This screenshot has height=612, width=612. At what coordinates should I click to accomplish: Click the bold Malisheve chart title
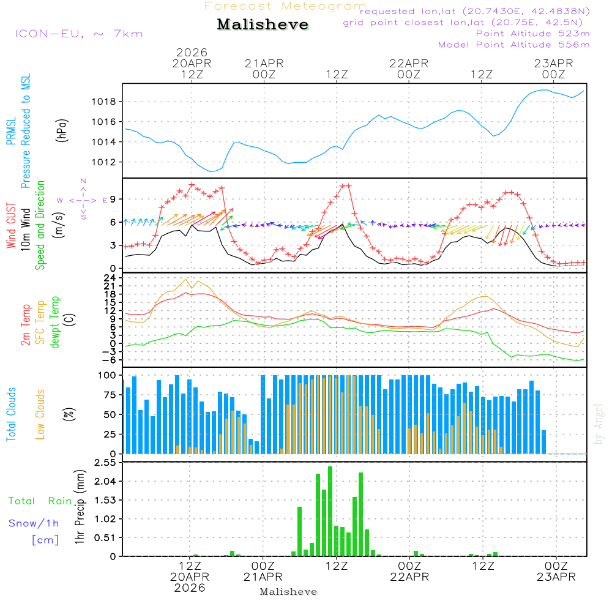click(263, 24)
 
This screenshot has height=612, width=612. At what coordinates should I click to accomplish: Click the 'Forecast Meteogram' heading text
click(285, 6)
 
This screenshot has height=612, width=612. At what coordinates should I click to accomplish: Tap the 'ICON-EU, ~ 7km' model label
click(78, 34)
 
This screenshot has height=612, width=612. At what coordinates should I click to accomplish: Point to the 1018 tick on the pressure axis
click(104, 102)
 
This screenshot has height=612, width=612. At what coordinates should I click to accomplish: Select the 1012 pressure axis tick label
click(104, 162)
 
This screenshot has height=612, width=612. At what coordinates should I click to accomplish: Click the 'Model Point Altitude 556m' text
click(514, 45)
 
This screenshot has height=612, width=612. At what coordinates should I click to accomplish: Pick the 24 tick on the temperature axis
click(111, 277)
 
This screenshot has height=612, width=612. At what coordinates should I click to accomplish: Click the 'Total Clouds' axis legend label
click(12, 414)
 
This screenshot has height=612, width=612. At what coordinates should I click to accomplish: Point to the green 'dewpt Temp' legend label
click(56, 323)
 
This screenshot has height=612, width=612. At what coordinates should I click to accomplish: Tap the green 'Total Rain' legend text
click(40, 501)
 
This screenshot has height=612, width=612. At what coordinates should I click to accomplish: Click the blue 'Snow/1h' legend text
click(34, 523)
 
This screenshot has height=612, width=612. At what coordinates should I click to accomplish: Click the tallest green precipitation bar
click(330, 511)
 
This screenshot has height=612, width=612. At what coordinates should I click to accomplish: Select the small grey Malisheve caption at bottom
click(289, 592)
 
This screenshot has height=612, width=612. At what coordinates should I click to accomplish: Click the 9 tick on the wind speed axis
click(113, 199)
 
